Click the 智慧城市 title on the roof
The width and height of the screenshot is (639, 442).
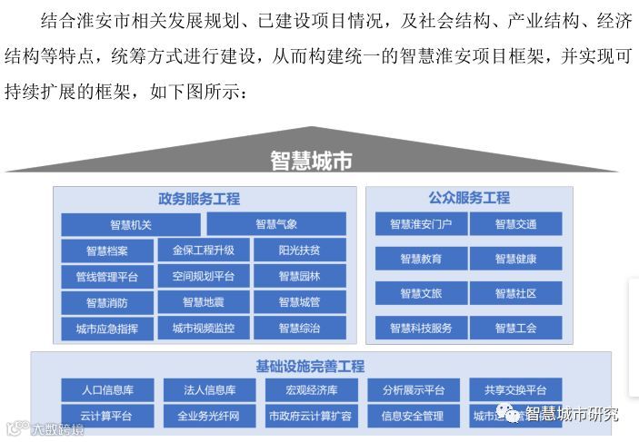click(311, 161)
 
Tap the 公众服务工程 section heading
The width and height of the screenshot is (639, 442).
click(469, 197)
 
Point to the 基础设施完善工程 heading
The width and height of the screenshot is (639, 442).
click(310, 366)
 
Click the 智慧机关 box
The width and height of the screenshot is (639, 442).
click(131, 224)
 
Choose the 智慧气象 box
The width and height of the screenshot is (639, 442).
click(276, 224)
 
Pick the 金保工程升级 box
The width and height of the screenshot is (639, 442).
click(203, 250)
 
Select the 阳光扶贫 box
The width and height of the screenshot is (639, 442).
click(299, 250)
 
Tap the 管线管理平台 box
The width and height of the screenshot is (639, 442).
click(107, 277)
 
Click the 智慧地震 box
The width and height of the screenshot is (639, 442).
click(203, 302)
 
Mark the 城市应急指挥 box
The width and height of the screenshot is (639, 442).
click(107, 329)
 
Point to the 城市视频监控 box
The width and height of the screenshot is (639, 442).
click(203, 329)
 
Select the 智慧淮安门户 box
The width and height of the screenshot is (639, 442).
click(421, 224)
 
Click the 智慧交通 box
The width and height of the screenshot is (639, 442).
click(515, 224)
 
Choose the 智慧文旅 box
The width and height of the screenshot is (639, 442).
click(421, 293)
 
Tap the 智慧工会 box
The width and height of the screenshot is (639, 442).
click(515, 328)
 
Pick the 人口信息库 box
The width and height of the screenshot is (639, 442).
click(107, 390)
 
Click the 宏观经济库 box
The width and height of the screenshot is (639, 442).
click(311, 390)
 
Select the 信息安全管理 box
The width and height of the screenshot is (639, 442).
click(412, 417)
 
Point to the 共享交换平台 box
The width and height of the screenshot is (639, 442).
click(515, 390)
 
